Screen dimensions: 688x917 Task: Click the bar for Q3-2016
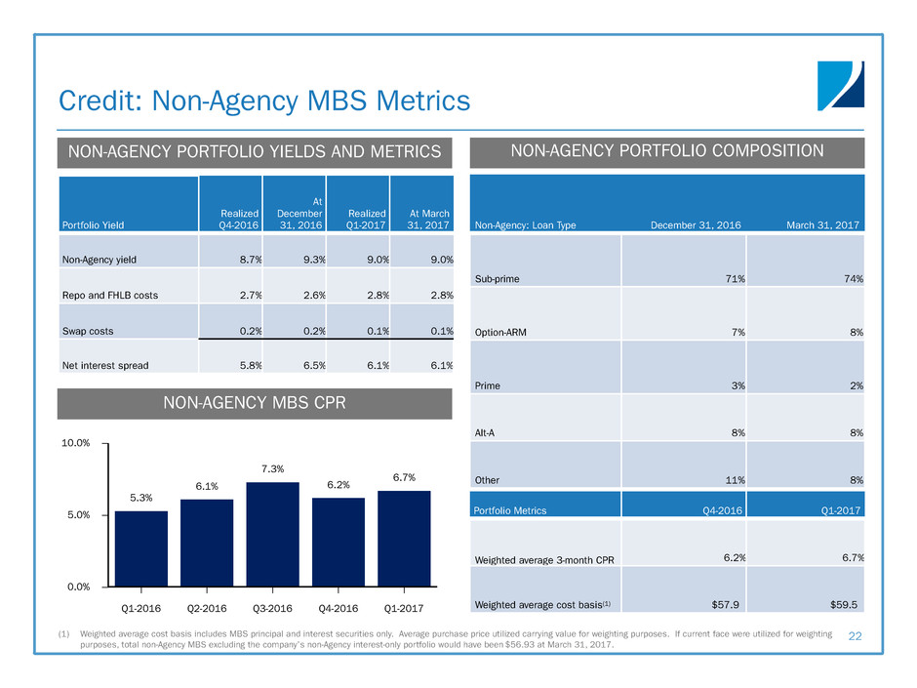tap(272, 534)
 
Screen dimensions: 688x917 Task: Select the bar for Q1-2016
tap(141, 548)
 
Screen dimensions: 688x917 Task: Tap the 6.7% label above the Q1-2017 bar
tap(405, 477)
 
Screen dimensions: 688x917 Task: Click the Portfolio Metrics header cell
tap(509, 509)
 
